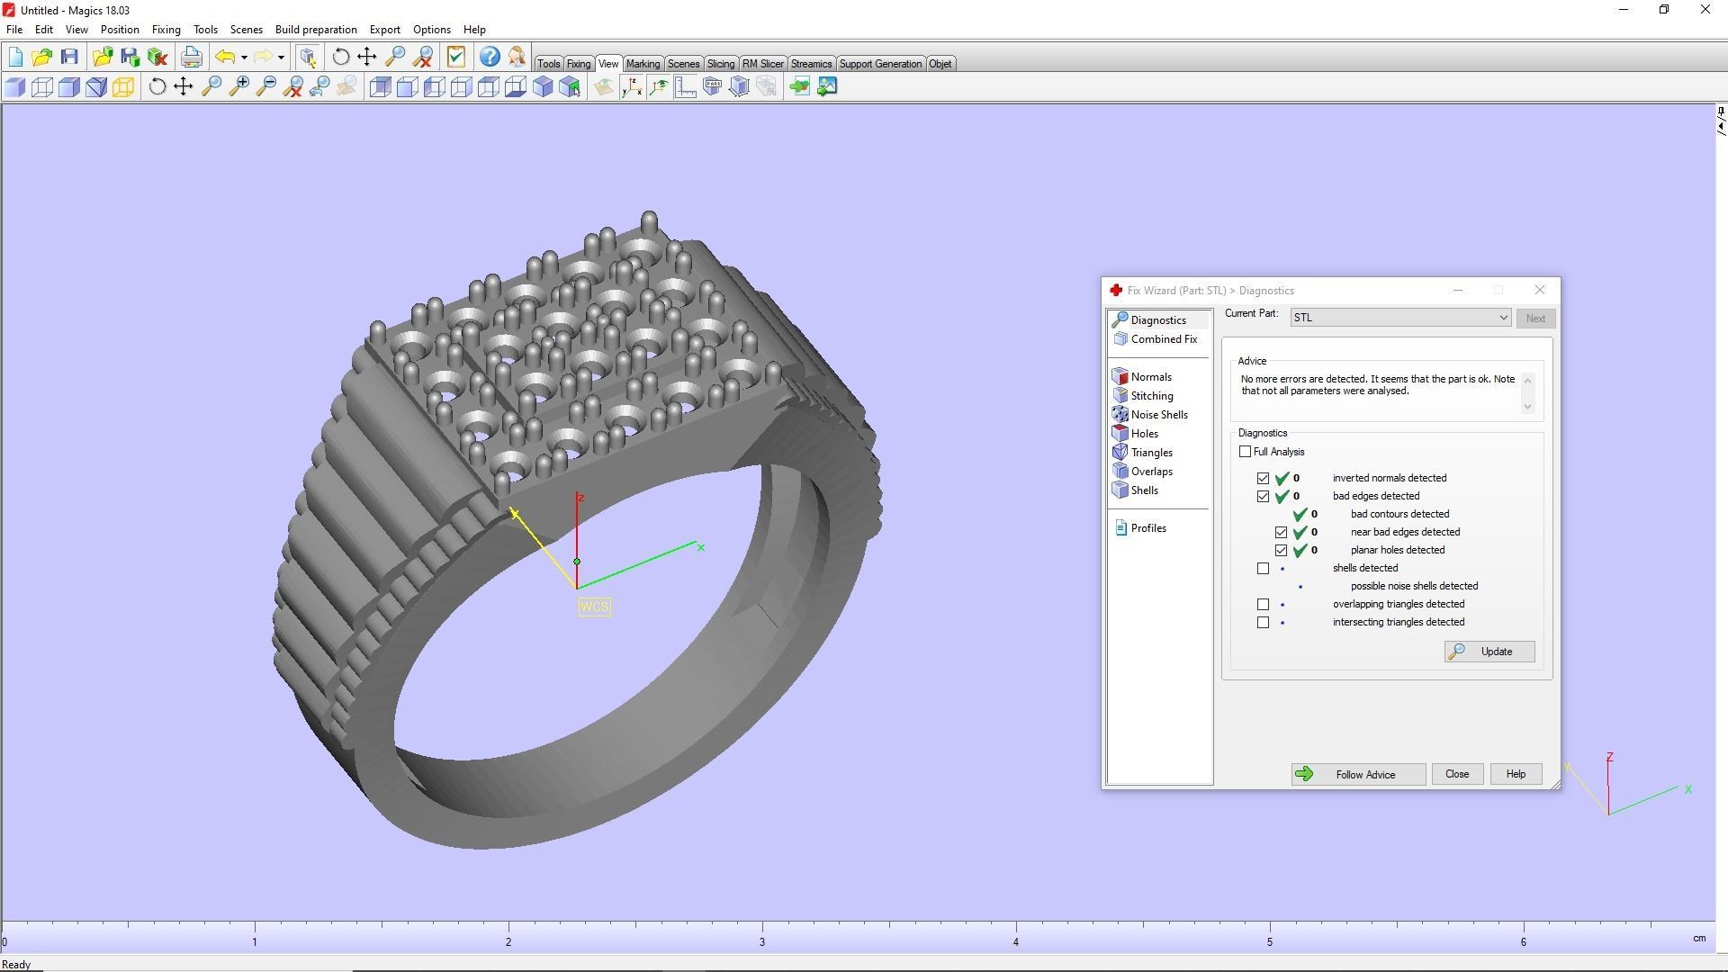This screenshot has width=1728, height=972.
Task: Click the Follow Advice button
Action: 1358,775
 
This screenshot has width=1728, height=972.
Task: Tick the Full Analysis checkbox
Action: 1246,452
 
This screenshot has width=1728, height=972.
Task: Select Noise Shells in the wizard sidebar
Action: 1158,415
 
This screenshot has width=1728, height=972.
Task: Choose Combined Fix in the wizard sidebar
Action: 1163,339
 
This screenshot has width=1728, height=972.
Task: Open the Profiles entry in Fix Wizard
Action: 1147,528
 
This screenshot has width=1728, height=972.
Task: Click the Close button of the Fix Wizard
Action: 1456,775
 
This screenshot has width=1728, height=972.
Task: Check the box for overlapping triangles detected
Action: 1264,605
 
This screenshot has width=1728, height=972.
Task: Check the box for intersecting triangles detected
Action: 1264,623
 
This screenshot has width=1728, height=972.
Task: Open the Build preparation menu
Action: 316,30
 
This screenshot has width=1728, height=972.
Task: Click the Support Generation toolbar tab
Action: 879,64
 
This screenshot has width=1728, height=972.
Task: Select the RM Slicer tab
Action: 762,64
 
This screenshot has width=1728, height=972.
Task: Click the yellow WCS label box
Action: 594,607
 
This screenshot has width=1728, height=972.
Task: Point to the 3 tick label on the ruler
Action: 762,942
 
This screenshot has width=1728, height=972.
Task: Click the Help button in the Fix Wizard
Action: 1516,775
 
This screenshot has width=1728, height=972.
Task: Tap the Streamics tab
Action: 811,64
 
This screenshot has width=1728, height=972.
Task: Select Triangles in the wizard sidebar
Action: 1151,453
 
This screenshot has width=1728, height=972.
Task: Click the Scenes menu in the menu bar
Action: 246,30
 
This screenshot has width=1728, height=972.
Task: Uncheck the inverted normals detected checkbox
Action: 1264,479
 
